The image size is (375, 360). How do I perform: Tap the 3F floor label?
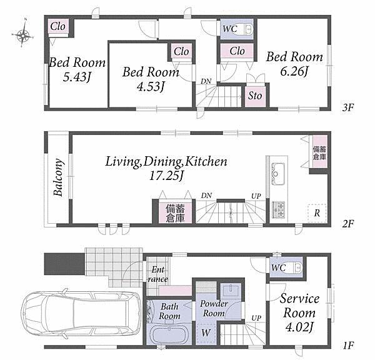(347, 108)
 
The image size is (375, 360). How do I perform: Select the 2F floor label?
(347, 224)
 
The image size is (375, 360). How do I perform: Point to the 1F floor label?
(347, 345)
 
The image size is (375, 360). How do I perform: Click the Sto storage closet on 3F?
(255, 96)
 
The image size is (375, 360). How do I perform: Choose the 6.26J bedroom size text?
(294, 71)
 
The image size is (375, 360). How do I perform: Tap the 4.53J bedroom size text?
(151, 87)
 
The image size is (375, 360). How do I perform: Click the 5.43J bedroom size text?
(77, 77)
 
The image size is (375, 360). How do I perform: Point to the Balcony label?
(59, 177)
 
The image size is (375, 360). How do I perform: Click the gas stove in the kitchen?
(278, 209)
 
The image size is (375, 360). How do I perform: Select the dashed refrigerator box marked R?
(317, 213)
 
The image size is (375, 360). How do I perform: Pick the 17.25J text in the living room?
(166, 176)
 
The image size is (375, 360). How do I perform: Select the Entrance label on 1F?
(158, 274)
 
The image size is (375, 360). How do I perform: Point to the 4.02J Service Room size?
(299, 327)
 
